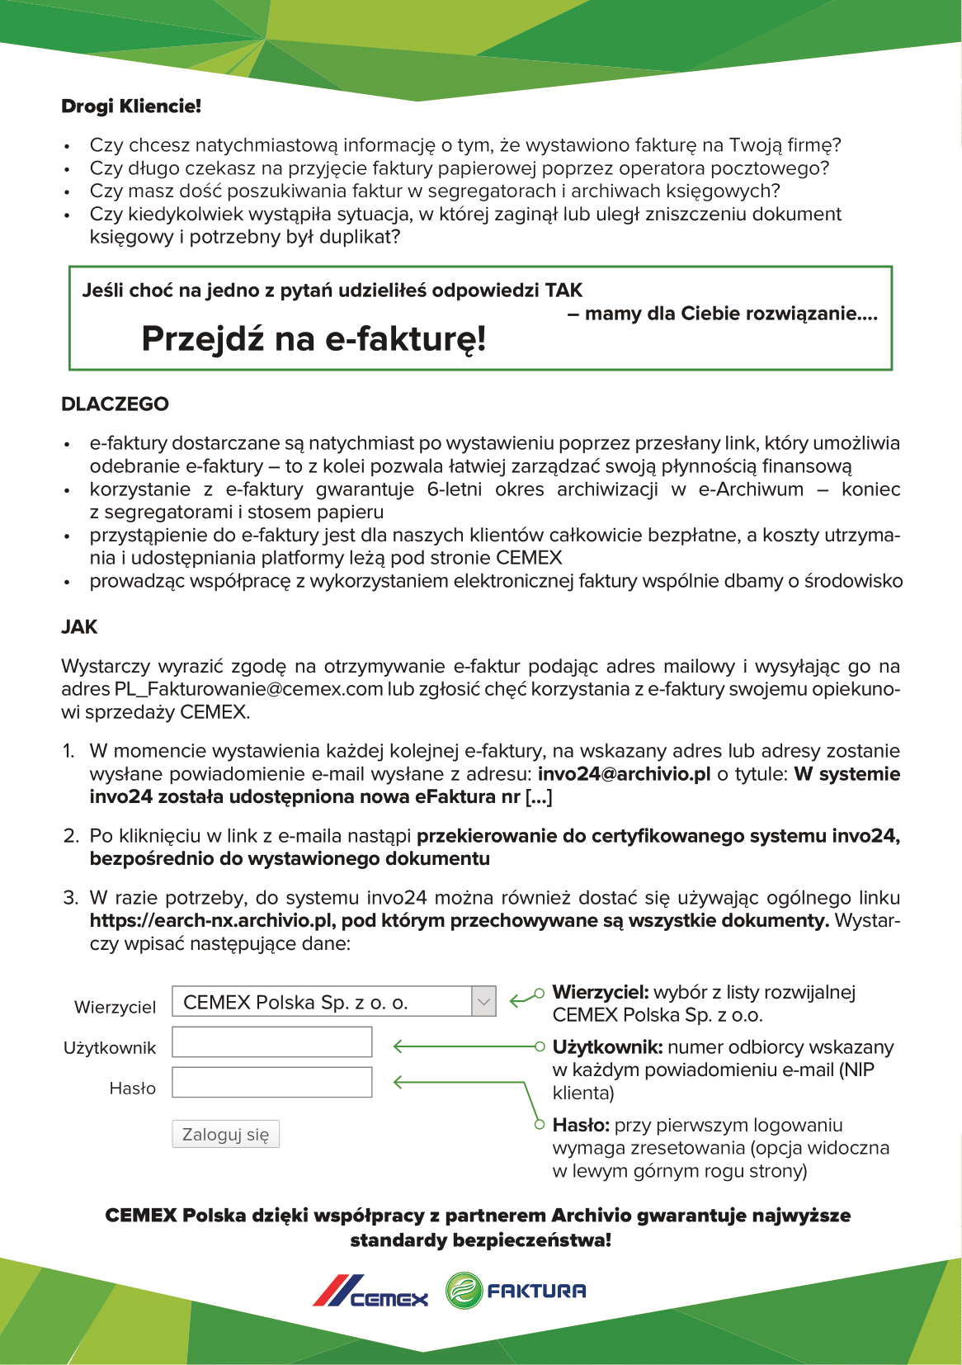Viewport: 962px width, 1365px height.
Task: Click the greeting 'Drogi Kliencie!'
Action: (131, 106)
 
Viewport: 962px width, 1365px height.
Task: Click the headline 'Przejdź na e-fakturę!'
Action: (314, 338)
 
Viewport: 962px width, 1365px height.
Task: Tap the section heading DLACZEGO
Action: (115, 404)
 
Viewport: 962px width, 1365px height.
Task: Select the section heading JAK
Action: (79, 627)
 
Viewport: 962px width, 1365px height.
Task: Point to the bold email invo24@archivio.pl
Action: (624, 774)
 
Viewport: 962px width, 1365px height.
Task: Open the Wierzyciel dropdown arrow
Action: (483, 1003)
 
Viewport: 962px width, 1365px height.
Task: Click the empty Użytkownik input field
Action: (272, 1042)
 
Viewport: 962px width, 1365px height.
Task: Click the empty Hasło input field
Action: (272, 1083)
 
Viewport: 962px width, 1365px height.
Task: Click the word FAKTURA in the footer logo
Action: (536, 1292)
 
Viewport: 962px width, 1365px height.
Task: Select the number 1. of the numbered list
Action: (69, 752)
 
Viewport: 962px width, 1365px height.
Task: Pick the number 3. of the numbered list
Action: (71, 898)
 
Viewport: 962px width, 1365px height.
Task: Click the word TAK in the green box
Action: (564, 290)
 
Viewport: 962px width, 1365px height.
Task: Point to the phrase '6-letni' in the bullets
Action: (455, 489)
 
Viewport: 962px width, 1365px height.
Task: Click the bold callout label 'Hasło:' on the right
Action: (581, 1125)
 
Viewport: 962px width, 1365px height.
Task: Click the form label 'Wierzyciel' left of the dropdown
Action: (115, 1008)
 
